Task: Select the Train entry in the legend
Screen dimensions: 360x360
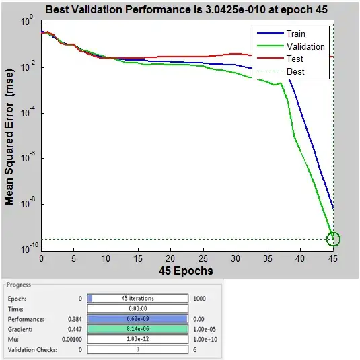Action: pyautogui.click(x=295, y=34)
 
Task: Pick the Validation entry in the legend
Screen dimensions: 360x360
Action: pyautogui.click(x=305, y=47)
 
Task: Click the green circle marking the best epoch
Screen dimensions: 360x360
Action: pyautogui.click(x=334, y=239)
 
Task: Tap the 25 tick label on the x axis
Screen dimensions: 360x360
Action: pyautogui.click(x=204, y=259)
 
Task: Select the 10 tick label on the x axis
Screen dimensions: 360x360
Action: pyautogui.click(x=106, y=259)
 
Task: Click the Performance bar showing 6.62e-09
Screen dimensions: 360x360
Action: pyautogui.click(x=137, y=320)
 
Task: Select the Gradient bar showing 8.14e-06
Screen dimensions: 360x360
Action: pyautogui.click(x=137, y=330)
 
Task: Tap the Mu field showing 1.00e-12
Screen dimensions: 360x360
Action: pyautogui.click(x=137, y=340)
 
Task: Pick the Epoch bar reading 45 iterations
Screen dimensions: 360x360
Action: pyautogui.click(x=137, y=298)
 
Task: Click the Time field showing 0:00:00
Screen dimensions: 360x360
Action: pyautogui.click(x=137, y=309)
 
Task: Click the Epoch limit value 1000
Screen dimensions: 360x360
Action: pyautogui.click(x=199, y=298)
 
